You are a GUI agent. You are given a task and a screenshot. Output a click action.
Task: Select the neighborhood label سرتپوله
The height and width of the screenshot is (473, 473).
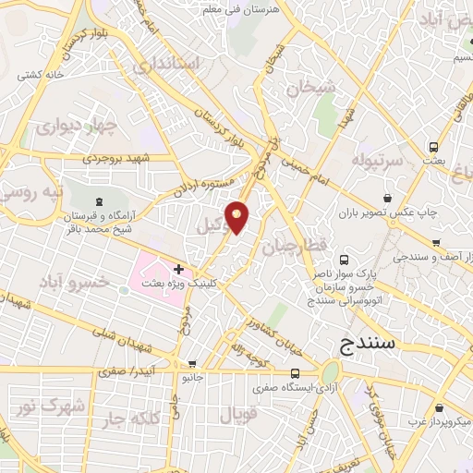(x=374, y=161)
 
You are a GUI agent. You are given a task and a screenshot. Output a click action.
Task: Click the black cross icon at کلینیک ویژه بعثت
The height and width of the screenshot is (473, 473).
(x=178, y=269)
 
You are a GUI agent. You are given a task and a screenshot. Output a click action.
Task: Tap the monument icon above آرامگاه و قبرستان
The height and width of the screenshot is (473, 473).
(x=99, y=201)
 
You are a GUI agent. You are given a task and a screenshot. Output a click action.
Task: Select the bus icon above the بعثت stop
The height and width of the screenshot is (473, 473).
(x=434, y=146)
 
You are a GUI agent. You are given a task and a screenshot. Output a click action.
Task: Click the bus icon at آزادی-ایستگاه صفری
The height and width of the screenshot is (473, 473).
(x=294, y=373)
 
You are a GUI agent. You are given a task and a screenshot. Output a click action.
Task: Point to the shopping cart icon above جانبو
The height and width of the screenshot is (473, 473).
(x=192, y=363)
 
